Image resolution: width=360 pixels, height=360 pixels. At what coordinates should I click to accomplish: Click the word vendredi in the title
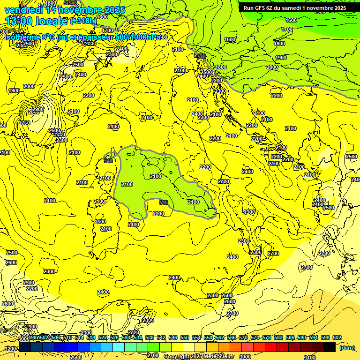(x=23, y=10)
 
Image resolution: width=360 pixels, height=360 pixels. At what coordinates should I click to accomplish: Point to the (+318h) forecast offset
(x=83, y=21)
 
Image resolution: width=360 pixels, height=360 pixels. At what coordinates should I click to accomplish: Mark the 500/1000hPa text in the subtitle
(x=136, y=37)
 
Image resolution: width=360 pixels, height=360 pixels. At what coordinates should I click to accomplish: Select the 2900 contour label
(x=38, y=109)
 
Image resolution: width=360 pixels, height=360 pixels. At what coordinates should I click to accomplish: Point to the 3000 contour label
(x=245, y=356)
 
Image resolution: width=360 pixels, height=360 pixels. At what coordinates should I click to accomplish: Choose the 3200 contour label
(x=9, y=349)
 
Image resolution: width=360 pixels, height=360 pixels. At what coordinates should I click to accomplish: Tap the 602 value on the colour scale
(x=337, y=337)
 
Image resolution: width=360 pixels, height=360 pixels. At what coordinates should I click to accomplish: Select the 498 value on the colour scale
(x=32, y=337)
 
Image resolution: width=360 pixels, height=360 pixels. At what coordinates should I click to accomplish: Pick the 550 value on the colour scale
(x=185, y=337)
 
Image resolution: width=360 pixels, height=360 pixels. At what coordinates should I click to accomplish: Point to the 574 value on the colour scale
(x=255, y=337)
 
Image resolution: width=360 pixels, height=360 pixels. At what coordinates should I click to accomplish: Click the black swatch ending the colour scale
(x=329, y=347)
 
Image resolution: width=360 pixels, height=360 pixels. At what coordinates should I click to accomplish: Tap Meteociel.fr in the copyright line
(x=216, y=356)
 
